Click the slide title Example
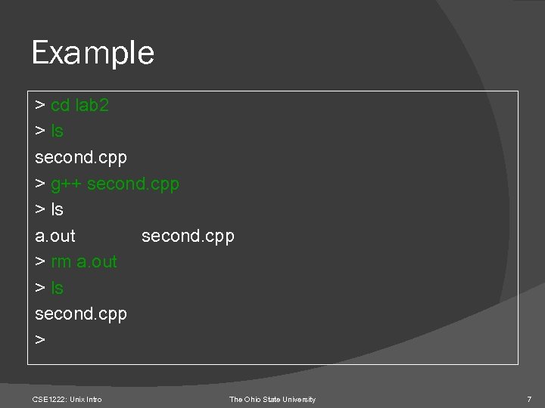[92, 53]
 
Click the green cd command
[60, 105]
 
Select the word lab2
[92, 105]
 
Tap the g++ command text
[67, 184]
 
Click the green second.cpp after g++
[133, 184]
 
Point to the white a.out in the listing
[55, 236]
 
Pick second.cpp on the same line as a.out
[188, 236]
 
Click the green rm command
[61, 262]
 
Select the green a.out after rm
[97, 262]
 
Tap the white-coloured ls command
[57, 209]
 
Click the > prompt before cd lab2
[40, 105]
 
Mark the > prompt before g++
[40, 184]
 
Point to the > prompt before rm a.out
[40, 262]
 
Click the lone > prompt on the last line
[40, 341]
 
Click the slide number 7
[529, 399]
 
